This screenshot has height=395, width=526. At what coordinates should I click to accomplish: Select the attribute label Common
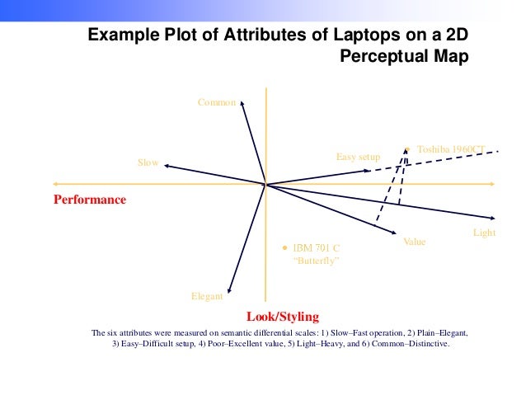[216, 103]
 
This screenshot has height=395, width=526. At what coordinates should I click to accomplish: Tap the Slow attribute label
[148, 163]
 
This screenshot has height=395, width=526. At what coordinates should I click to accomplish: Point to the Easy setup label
[358, 157]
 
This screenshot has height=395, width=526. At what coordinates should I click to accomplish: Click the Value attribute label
[414, 242]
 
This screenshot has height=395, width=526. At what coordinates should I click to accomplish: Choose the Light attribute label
[484, 233]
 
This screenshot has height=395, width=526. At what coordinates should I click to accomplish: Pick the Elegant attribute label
[207, 295]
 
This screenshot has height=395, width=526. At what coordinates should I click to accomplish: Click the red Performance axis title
[90, 200]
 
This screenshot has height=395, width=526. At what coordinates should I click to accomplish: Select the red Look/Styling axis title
[282, 316]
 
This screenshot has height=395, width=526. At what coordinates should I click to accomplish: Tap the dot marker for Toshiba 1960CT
[406, 149]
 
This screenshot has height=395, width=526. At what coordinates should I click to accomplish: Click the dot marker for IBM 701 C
[285, 247]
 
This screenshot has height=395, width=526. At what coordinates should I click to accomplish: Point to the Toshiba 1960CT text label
[450, 149]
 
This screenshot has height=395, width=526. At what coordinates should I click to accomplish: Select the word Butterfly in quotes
[317, 261]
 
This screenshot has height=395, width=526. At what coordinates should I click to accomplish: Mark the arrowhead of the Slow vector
[165, 166]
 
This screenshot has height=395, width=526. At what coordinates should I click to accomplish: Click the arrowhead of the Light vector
[491, 219]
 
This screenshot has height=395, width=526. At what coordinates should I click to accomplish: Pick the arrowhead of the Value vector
[397, 235]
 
